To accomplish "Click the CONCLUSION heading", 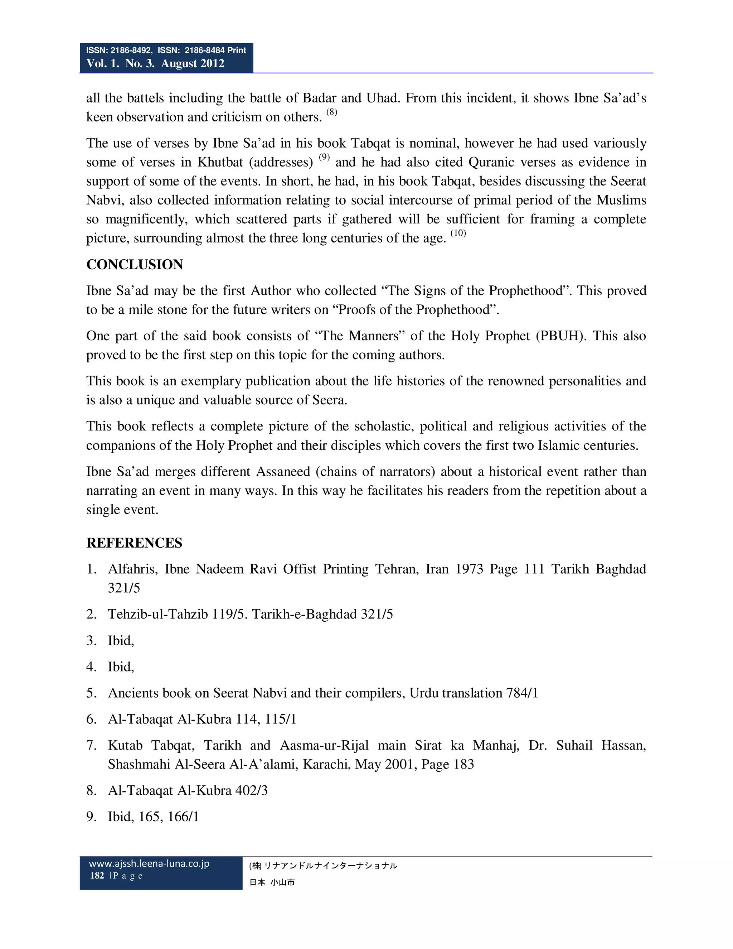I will [x=135, y=265].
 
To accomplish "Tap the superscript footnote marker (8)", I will [x=332, y=112].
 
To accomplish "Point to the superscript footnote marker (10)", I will [x=458, y=233].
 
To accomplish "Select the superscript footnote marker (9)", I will [x=324, y=157].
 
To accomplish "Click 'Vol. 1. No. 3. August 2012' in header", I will [x=155, y=63].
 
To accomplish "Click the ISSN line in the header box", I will [x=166, y=50].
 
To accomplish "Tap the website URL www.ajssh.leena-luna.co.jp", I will [x=149, y=864].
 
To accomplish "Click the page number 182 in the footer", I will [x=97, y=876].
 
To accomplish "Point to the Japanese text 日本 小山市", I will [x=272, y=882].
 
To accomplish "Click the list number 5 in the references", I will [x=91, y=693].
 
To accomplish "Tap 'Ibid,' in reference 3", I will [x=121, y=641].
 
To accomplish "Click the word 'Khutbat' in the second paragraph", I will [x=220, y=162].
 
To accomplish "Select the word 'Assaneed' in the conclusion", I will [x=283, y=472].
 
